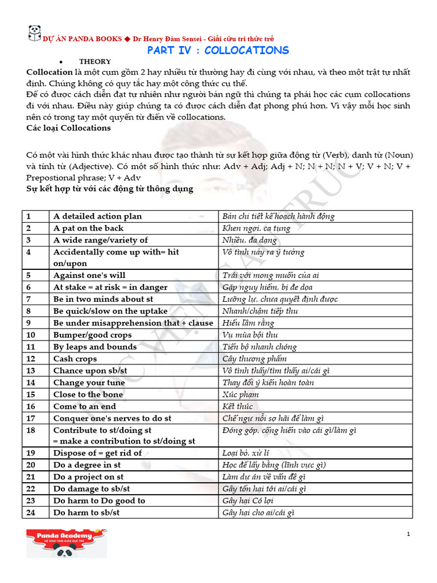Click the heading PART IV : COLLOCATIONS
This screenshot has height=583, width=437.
(x=218, y=50)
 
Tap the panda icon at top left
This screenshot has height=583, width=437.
(x=34, y=33)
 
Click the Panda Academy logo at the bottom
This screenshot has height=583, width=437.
(x=67, y=543)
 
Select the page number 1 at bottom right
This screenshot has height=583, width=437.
(x=408, y=533)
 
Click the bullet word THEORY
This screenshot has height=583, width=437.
(x=95, y=61)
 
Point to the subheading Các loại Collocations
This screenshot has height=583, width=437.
(x=68, y=128)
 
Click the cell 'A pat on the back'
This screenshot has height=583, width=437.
(x=88, y=228)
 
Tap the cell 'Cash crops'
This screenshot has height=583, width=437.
(x=75, y=359)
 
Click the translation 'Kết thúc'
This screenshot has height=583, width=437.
(x=237, y=407)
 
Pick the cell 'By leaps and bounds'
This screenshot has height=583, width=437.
(x=95, y=347)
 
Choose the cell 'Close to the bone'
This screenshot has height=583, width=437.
(x=88, y=395)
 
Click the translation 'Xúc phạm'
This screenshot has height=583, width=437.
(x=241, y=395)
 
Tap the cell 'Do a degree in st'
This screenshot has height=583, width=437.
(x=87, y=465)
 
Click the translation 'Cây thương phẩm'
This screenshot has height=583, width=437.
(x=255, y=359)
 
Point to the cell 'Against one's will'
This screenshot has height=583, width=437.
(x=89, y=275)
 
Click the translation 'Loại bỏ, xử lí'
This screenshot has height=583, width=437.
(x=246, y=453)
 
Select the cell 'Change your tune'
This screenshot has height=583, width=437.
(x=89, y=383)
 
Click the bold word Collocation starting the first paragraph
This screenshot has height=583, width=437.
(x=50, y=72)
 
